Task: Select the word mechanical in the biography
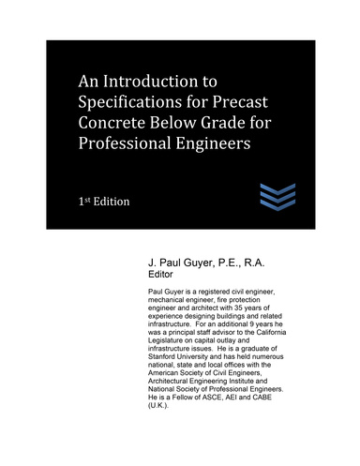(x=157, y=302)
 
